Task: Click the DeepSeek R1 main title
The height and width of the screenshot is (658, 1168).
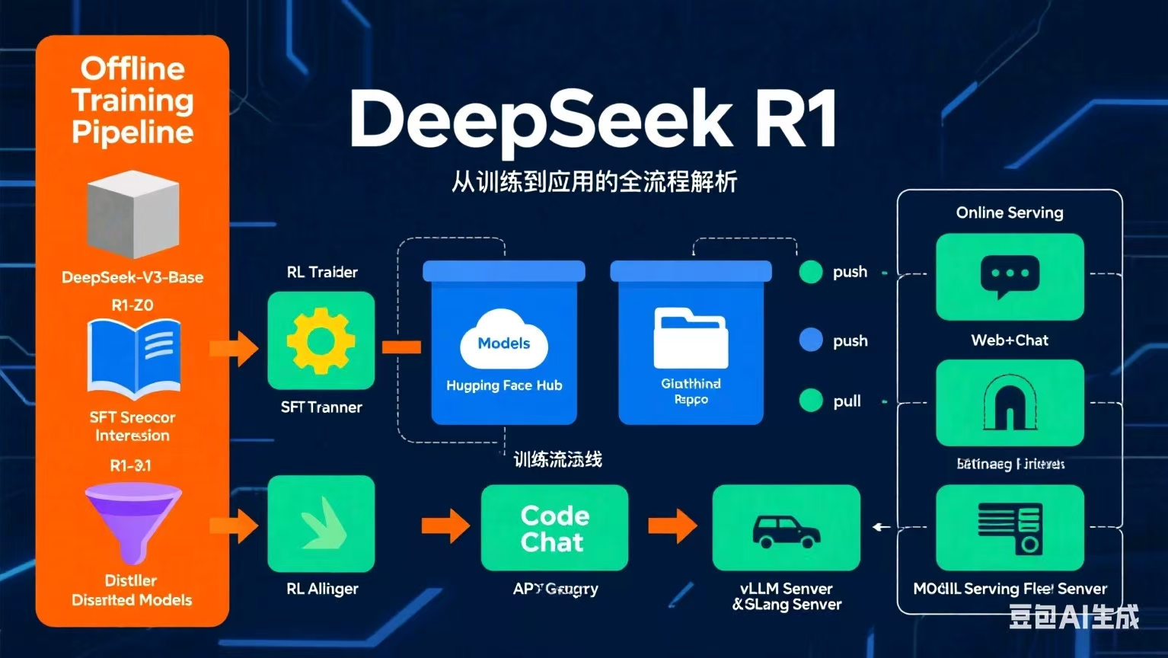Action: coord(592,120)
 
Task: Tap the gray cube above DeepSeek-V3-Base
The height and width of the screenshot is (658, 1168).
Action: coord(133,214)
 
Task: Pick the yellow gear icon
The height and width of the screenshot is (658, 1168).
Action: coord(321,341)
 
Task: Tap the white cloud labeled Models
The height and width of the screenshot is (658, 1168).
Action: coord(503,340)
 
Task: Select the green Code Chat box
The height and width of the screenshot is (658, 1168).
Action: coord(554,528)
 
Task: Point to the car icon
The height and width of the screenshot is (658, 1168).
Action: coord(786,530)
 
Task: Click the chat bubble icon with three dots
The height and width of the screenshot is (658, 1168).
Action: coord(1010,276)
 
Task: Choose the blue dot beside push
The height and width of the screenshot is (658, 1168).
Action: coord(811,340)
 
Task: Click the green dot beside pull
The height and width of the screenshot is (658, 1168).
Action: coord(811,400)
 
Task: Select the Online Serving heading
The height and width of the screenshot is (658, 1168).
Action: coord(1010,212)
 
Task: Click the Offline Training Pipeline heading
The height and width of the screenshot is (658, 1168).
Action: coord(132,100)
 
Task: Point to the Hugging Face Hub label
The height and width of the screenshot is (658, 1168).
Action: coord(504,385)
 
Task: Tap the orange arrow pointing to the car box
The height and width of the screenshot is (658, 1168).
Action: coord(672,525)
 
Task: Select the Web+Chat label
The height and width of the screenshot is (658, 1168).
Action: coord(1010,340)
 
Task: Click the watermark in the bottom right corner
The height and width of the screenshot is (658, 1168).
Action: coord(1074,616)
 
